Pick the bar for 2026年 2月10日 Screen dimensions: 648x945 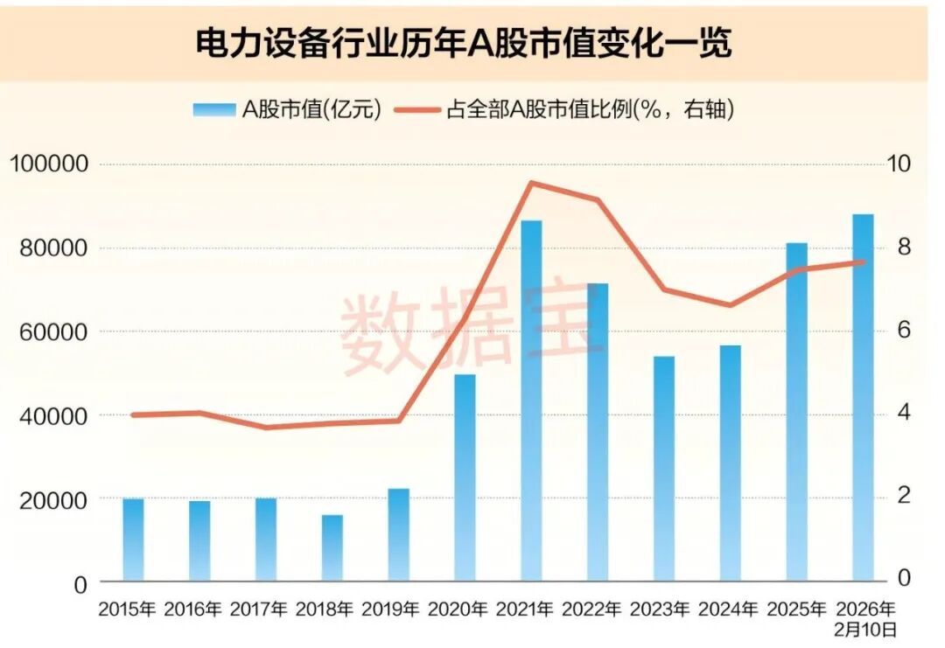863,398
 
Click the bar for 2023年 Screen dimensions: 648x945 664,469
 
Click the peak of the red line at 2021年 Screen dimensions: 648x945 531,183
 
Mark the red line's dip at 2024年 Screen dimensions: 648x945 731,305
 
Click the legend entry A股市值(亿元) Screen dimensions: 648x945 288,110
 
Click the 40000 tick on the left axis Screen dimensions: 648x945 55,415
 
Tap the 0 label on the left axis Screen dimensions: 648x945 80,582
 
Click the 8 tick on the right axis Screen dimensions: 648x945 904,247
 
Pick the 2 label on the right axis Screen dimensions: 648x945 904,496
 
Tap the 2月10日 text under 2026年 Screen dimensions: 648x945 865,628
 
